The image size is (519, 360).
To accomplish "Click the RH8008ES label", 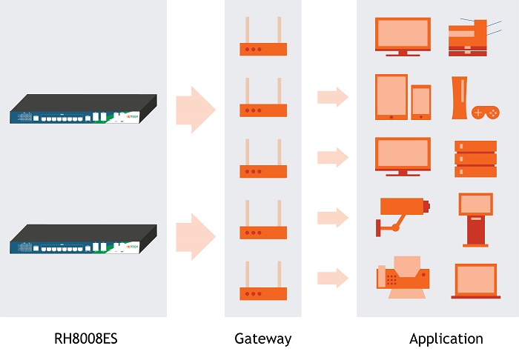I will [86, 339].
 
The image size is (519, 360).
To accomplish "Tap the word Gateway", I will [262, 339].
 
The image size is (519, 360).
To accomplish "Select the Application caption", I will [446, 339].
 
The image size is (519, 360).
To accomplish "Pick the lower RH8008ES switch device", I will [84, 238].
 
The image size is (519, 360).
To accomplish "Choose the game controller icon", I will [486, 113].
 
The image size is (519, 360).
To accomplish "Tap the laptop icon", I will [475, 281].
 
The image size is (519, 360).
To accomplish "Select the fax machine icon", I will [403, 278].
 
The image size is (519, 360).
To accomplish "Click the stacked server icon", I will [475, 158].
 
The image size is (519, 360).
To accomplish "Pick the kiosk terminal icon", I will [475, 219].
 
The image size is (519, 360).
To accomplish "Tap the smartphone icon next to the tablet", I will [421, 102].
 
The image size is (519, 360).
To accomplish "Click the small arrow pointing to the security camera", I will [333, 218].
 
